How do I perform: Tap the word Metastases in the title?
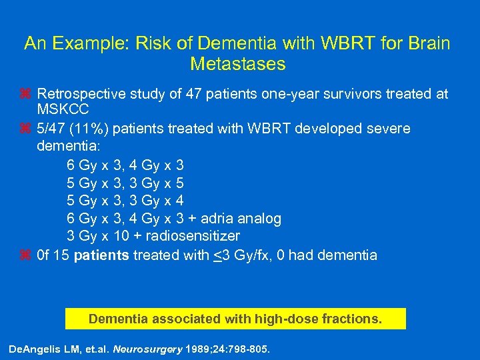(237, 64)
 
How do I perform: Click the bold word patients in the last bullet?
(101, 255)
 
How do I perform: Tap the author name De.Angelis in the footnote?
(33, 349)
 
